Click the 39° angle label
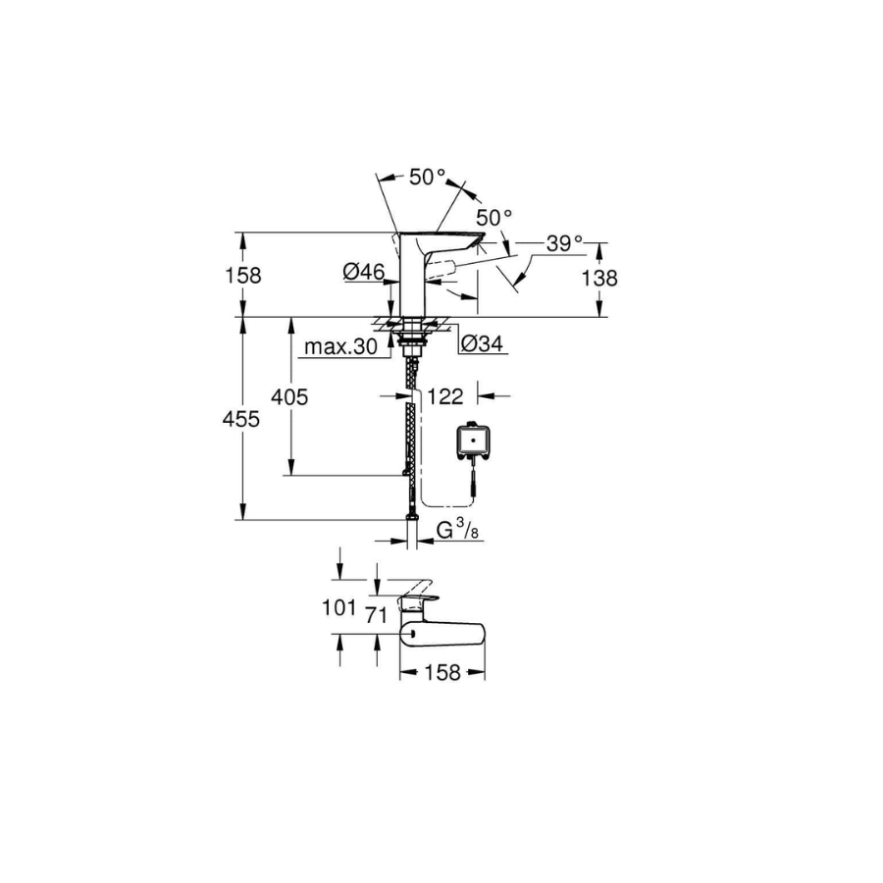click(x=565, y=244)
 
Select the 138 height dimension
click(x=599, y=279)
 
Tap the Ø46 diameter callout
click(x=363, y=272)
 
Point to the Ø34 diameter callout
click(x=482, y=343)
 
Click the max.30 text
click(x=340, y=347)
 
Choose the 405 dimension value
click(x=289, y=397)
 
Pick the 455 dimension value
click(x=241, y=419)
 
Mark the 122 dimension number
click(x=444, y=396)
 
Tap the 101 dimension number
click(x=339, y=607)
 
